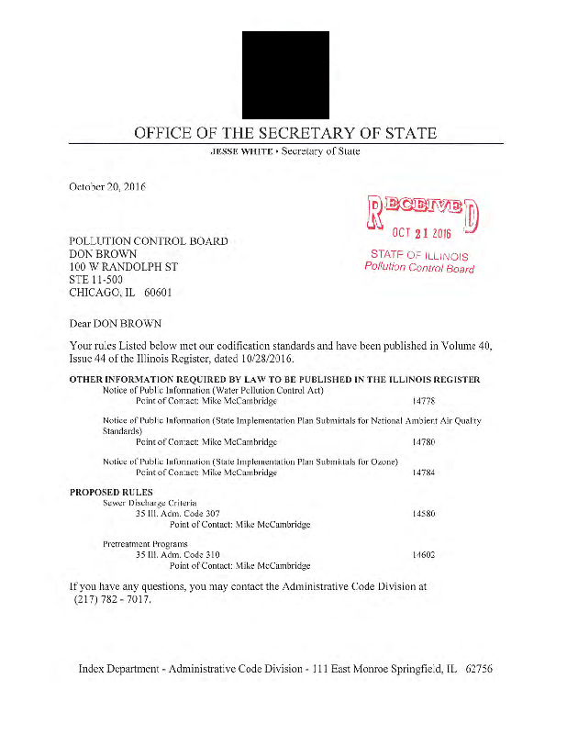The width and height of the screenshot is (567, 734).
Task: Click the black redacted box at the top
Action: click(x=284, y=74)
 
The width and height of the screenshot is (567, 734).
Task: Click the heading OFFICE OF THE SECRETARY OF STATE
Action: click(x=285, y=133)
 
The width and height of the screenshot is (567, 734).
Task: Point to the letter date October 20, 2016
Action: click(x=107, y=187)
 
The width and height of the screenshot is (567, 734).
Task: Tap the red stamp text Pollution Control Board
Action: click(x=419, y=268)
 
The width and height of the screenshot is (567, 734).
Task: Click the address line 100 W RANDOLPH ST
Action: click(x=124, y=267)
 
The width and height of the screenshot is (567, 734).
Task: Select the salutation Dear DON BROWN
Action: click(x=115, y=324)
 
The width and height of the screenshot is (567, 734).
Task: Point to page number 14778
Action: click(x=423, y=401)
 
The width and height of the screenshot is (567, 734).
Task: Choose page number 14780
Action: click(x=423, y=441)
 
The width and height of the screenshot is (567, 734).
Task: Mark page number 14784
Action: click(x=423, y=473)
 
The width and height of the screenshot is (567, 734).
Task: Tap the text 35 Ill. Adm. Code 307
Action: click(x=177, y=514)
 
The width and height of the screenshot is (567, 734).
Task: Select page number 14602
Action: click(x=423, y=555)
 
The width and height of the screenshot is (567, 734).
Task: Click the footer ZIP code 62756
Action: click(x=479, y=669)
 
